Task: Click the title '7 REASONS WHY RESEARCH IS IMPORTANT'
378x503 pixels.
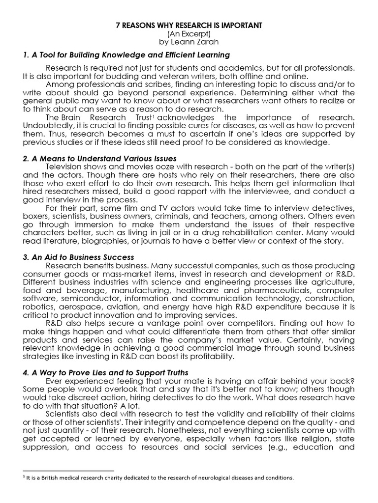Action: [189, 26]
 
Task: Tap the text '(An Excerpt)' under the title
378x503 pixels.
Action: [189, 34]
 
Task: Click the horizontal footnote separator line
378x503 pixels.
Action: [68, 470]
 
